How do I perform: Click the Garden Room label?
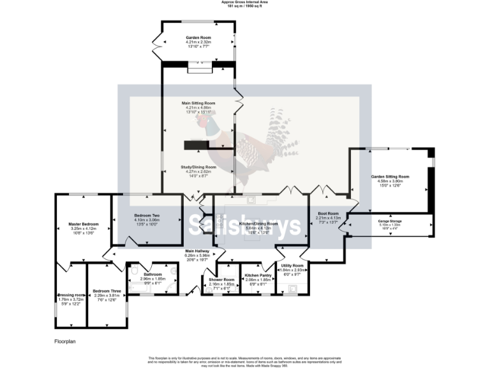pos(198,38)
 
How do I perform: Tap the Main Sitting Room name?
pos(198,103)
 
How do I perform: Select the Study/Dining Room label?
pos(198,167)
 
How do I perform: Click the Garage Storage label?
pos(390,221)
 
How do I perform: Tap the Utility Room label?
pos(292,265)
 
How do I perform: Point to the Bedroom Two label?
pos(147,215)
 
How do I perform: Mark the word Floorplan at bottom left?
pos(65,342)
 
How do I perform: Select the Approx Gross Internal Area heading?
pos(244,3)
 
